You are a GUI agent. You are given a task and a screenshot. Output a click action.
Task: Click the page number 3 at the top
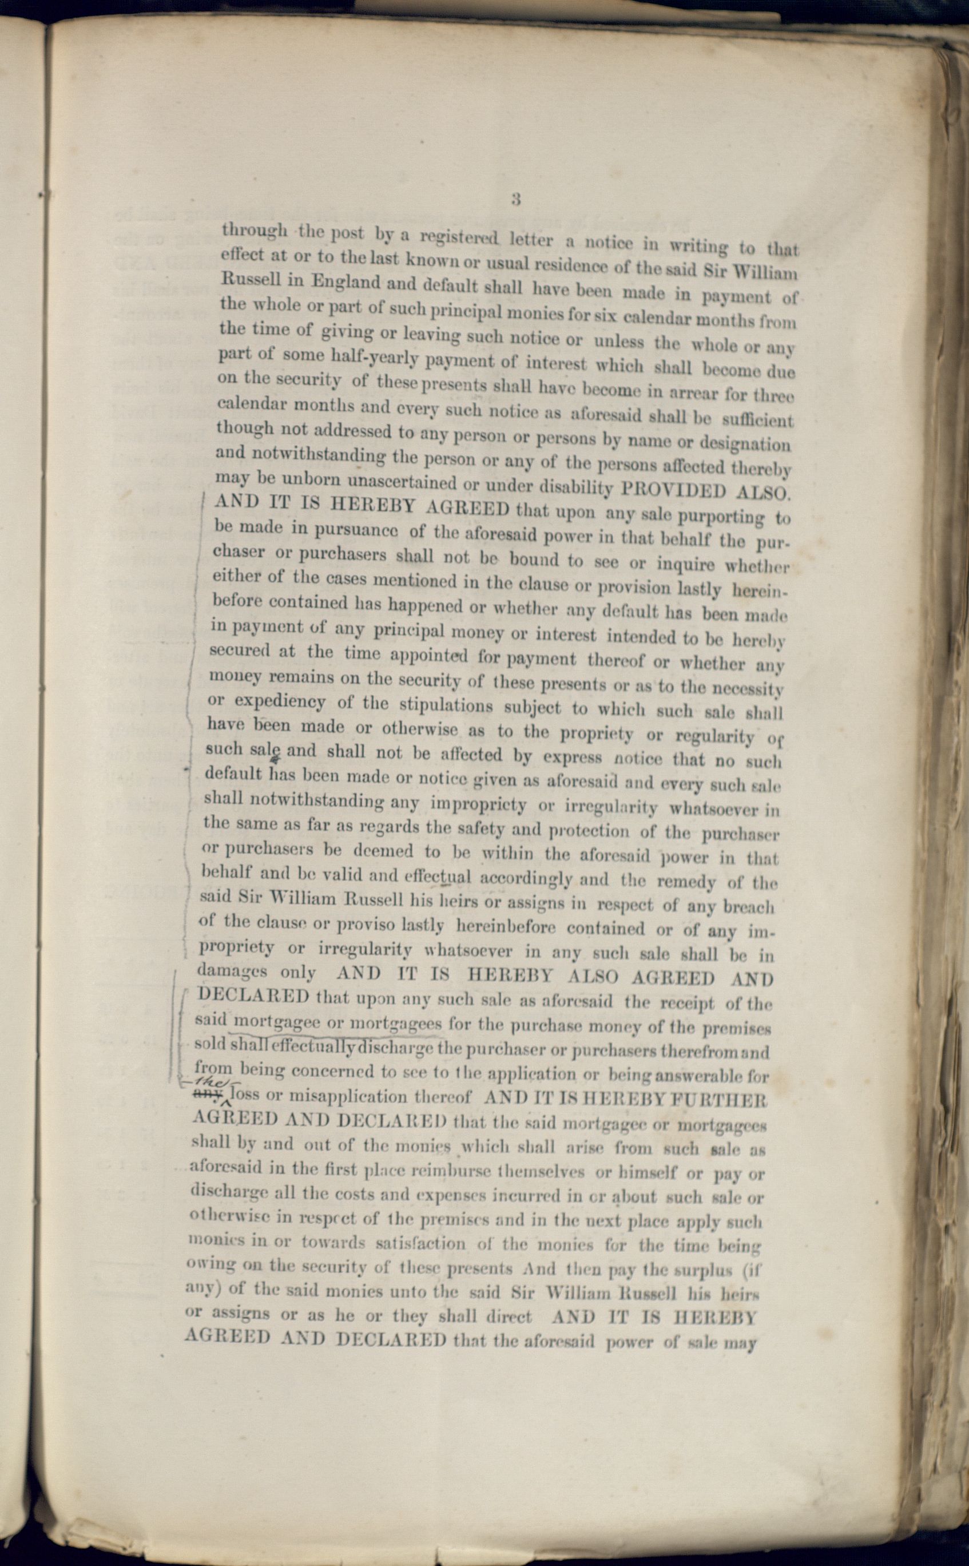pos(516,199)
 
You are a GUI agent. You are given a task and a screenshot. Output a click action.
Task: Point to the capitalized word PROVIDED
pos(675,490)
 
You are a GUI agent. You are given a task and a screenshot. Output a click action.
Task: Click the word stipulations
pos(446,704)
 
